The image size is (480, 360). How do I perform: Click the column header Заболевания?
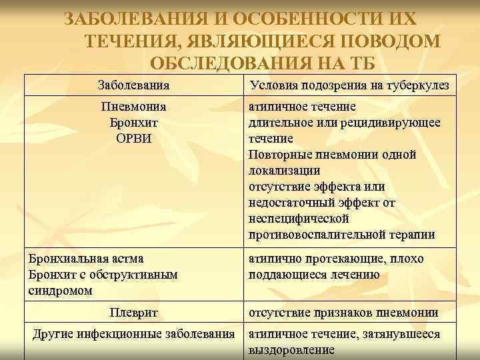(x=133, y=85)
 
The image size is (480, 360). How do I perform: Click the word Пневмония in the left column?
(x=133, y=107)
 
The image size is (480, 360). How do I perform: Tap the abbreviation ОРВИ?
(x=133, y=139)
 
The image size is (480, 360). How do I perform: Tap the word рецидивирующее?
(x=393, y=123)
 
